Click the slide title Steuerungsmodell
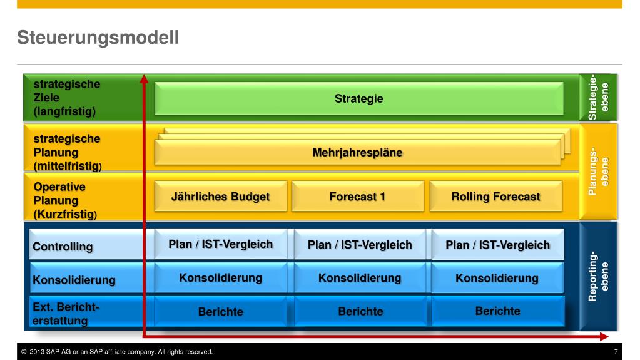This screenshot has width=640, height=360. (x=98, y=38)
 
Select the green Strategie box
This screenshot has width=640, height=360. (x=358, y=98)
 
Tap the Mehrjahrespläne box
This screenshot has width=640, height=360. (x=358, y=152)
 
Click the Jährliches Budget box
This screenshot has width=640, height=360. (x=220, y=197)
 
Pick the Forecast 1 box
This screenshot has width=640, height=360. (x=358, y=197)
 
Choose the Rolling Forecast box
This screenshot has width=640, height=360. (x=496, y=197)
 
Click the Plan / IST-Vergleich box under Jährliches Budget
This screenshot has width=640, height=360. (x=220, y=244)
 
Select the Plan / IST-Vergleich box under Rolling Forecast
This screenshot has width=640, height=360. (x=497, y=244)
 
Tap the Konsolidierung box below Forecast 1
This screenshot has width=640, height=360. (x=360, y=278)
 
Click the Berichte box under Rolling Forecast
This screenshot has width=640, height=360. (x=497, y=311)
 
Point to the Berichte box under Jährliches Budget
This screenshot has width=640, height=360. (x=220, y=311)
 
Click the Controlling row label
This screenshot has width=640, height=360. (x=63, y=247)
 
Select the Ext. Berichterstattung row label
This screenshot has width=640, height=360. (x=66, y=314)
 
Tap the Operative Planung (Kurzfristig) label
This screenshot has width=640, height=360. (x=65, y=200)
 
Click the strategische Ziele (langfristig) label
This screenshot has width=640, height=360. (x=66, y=98)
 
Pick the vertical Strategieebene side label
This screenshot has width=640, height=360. (x=598, y=97)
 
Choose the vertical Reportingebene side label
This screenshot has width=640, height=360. (x=598, y=276)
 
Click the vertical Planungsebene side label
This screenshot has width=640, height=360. (x=598, y=171)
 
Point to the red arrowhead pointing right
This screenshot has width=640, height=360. (x=604, y=336)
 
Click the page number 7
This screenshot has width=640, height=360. (x=616, y=351)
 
